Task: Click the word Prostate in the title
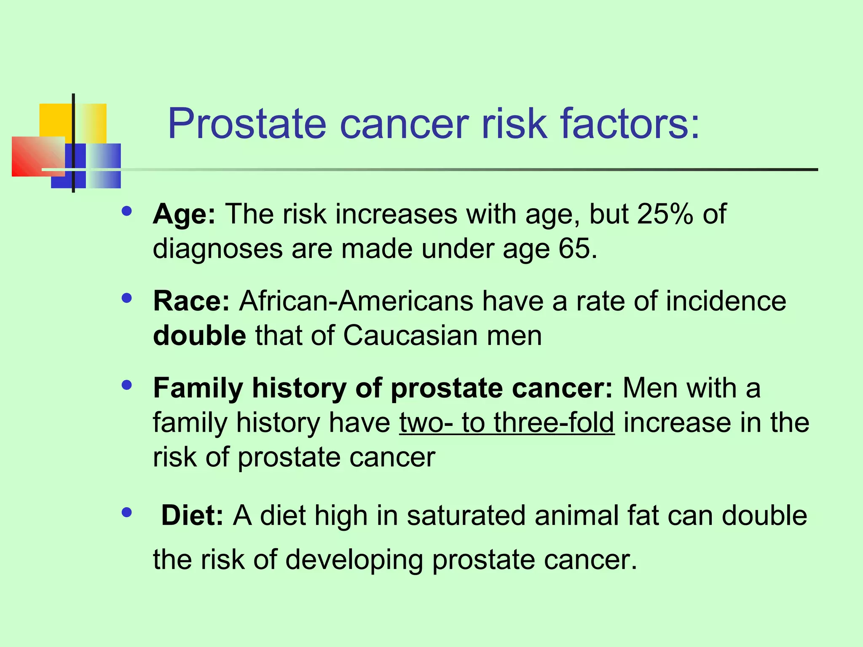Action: pyautogui.click(x=247, y=124)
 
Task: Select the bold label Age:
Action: pyautogui.click(x=184, y=214)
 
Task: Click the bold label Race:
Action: pyautogui.click(x=191, y=301)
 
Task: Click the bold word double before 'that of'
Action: pyautogui.click(x=199, y=336)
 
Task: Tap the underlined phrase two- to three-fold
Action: pyautogui.click(x=507, y=422)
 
